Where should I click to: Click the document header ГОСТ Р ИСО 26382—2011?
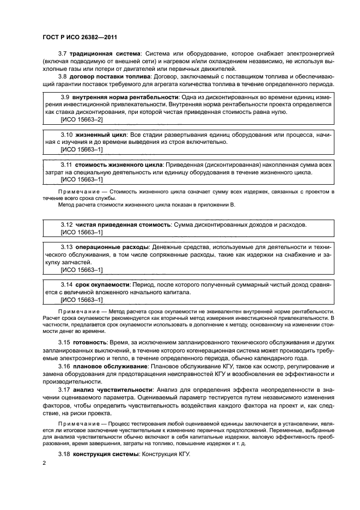click(x=80, y=37)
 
